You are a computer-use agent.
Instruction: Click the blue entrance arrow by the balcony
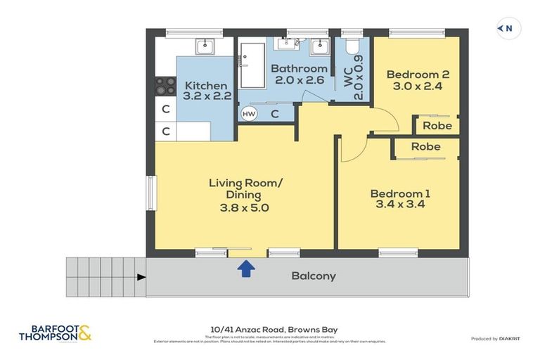246,268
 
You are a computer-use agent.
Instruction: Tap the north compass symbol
508,28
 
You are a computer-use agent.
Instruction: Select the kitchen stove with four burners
165,86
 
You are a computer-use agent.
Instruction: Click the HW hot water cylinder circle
249,113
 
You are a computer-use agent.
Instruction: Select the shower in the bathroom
251,64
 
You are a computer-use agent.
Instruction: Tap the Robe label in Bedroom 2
437,126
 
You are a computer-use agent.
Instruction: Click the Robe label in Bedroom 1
425,147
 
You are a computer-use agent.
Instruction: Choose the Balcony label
314,276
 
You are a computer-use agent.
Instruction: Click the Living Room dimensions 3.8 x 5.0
244,207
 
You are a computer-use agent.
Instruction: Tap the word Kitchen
205,86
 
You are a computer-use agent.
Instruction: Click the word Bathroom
299,68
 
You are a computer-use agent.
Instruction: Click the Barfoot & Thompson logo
55,333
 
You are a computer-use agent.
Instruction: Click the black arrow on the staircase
141,277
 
